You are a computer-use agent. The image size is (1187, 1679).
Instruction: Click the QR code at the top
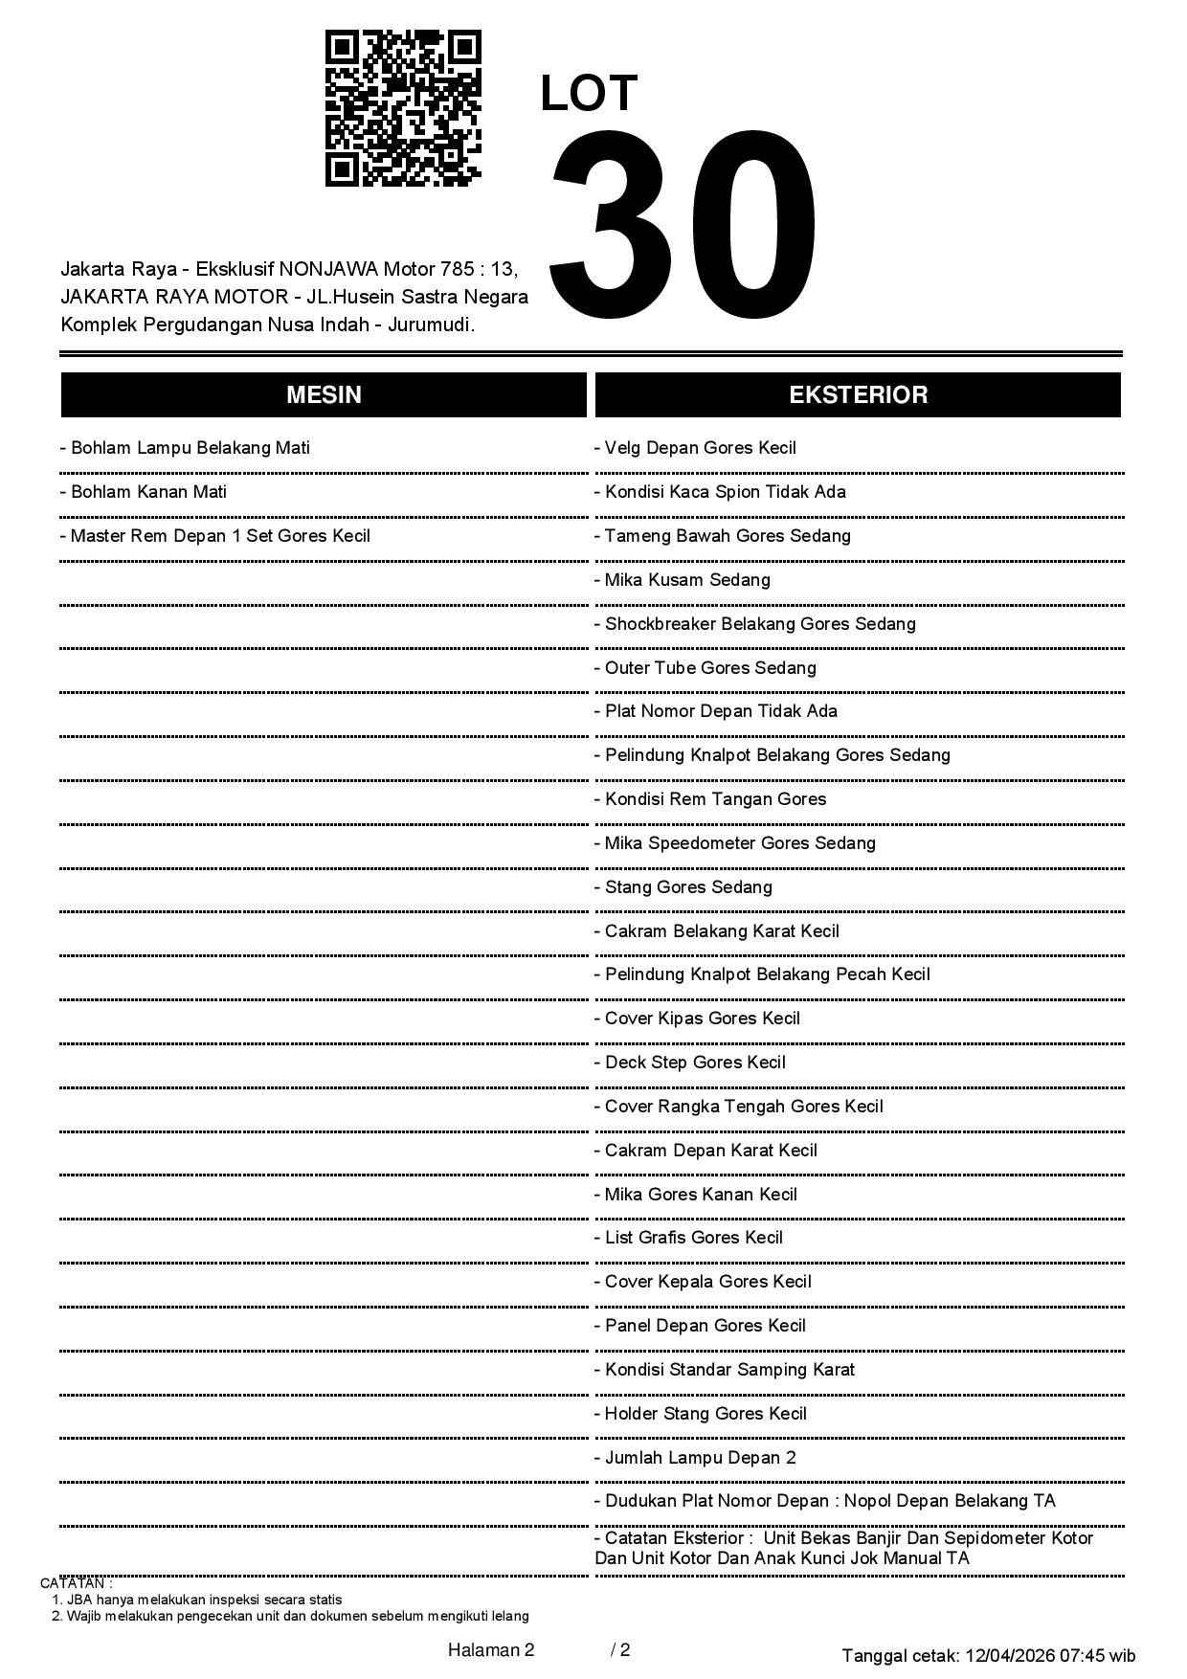403,108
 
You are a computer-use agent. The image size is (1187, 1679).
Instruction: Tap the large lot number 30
683,228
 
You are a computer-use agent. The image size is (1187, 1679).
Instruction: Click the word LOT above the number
589,94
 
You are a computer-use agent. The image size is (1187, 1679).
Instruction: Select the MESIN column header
324,395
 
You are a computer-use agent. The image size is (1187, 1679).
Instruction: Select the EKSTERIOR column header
858,395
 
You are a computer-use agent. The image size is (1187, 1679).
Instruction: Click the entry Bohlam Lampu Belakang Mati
186,448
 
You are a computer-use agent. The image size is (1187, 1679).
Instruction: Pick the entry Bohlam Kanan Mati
145,492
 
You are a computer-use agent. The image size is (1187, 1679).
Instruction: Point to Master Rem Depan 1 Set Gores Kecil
215,536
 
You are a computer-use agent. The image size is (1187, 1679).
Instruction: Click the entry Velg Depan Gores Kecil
696,448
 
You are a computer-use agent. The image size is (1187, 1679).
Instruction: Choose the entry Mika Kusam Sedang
683,580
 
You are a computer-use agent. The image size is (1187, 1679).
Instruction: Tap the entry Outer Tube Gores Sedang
706,668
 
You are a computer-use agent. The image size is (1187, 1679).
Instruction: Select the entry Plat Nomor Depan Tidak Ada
717,711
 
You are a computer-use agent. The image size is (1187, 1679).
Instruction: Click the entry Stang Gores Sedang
684,887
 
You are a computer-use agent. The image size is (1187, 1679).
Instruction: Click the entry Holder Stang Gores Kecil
702,1414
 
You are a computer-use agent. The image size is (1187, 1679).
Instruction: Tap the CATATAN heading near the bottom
77,1583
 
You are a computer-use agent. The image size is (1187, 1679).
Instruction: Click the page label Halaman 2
491,1649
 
